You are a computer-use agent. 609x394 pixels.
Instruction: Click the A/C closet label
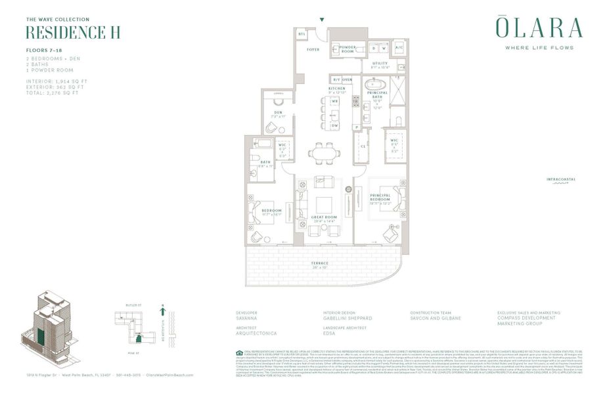click(x=399, y=48)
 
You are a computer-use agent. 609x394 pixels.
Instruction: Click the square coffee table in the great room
click(x=324, y=204)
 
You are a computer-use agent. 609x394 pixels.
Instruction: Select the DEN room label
click(x=278, y=112)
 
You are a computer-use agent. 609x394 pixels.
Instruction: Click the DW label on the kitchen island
click(x=334, y=125)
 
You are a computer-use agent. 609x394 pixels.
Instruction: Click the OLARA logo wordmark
click(x=539, y=28)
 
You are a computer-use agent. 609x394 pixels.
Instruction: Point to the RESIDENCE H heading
click(x=72, y=33)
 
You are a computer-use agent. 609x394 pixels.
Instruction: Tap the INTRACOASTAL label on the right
click(x=560, y=179)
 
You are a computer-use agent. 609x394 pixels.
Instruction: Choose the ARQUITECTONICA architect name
click(x=256, y=334)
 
